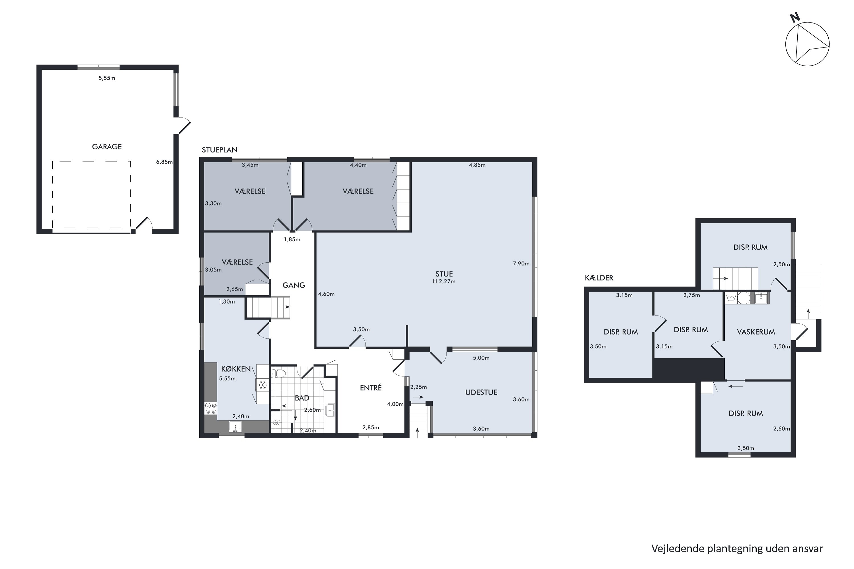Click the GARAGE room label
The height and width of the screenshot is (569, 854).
107,147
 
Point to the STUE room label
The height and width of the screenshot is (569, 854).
444,274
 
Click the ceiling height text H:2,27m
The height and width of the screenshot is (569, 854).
444,281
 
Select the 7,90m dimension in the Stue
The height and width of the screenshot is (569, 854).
521,264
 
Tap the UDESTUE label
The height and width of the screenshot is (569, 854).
481,392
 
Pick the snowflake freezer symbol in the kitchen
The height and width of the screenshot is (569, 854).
262,385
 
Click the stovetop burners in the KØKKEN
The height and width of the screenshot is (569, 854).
211,409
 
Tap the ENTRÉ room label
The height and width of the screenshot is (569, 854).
371,388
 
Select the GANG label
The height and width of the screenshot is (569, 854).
294,285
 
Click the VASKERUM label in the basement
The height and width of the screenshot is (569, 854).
756,332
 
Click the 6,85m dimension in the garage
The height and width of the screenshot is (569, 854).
165,162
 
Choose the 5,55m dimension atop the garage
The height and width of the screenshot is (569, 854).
107,78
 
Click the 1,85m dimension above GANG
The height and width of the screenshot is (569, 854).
292,240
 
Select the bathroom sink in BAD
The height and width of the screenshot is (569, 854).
330,411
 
